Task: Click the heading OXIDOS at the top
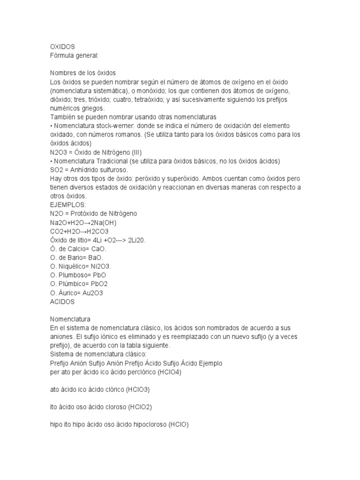[x=62, y=47]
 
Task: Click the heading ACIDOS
[x=62, y=302]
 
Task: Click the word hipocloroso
[x=148, y=425]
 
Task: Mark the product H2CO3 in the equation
[x=98, y=231]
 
